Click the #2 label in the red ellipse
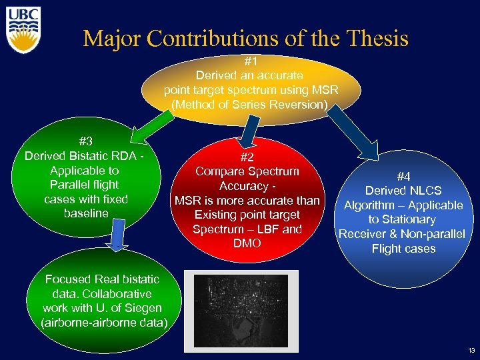[247, 157]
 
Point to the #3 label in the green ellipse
[85, 141]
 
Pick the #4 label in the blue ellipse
[403, 177]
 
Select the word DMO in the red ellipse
[247, 244]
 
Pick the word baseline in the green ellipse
[85, 213]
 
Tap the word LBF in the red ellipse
[262, 229]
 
